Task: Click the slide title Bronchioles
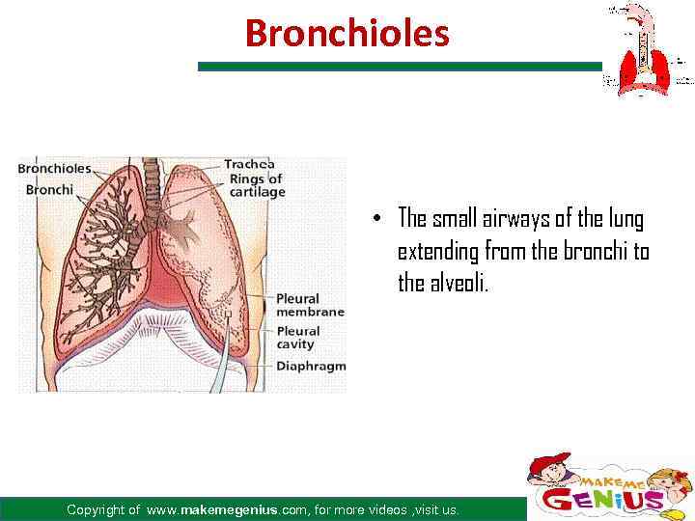pyautogui.click(x=347, y=33)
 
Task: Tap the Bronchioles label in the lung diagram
pyautogui.click(x=54, y=168)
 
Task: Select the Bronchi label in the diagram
pyautogui.click(x=49, y=189)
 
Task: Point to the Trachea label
pyautogui.click(x=249, y=164)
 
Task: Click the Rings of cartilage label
pyautogui.click(x=255, y=185)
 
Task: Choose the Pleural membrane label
pyautogui.click(x=310, y=305)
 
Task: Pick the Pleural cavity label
pyautogui.click(x=298, y=338)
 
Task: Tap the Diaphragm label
pyautogui.click(x=311, y=366)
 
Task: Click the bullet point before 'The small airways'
pyautogui.click(x=382, y=217)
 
